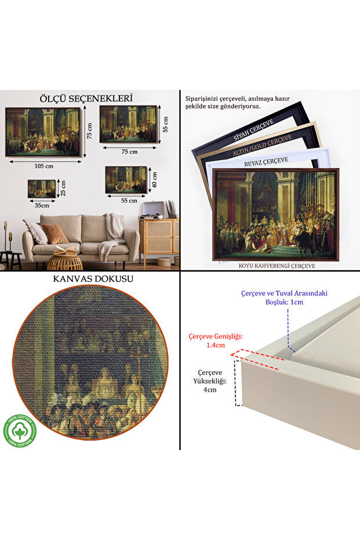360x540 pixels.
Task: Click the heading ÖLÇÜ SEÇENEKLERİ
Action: (x=86, y=99)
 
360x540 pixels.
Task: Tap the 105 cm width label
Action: (x=43, y=165)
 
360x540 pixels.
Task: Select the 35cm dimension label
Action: (x=42, y=204)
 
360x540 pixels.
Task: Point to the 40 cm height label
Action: (x=155, y=180)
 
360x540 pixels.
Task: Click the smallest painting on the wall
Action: (x=42, y=189)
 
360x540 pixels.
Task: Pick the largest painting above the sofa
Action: (x=42, y=132)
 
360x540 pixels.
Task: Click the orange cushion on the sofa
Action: (x=54, y=234)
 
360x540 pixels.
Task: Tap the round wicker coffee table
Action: (x=64, y=262)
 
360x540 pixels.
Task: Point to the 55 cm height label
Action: (x=165, y=123)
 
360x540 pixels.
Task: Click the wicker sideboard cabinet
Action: (x=159, y=238)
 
